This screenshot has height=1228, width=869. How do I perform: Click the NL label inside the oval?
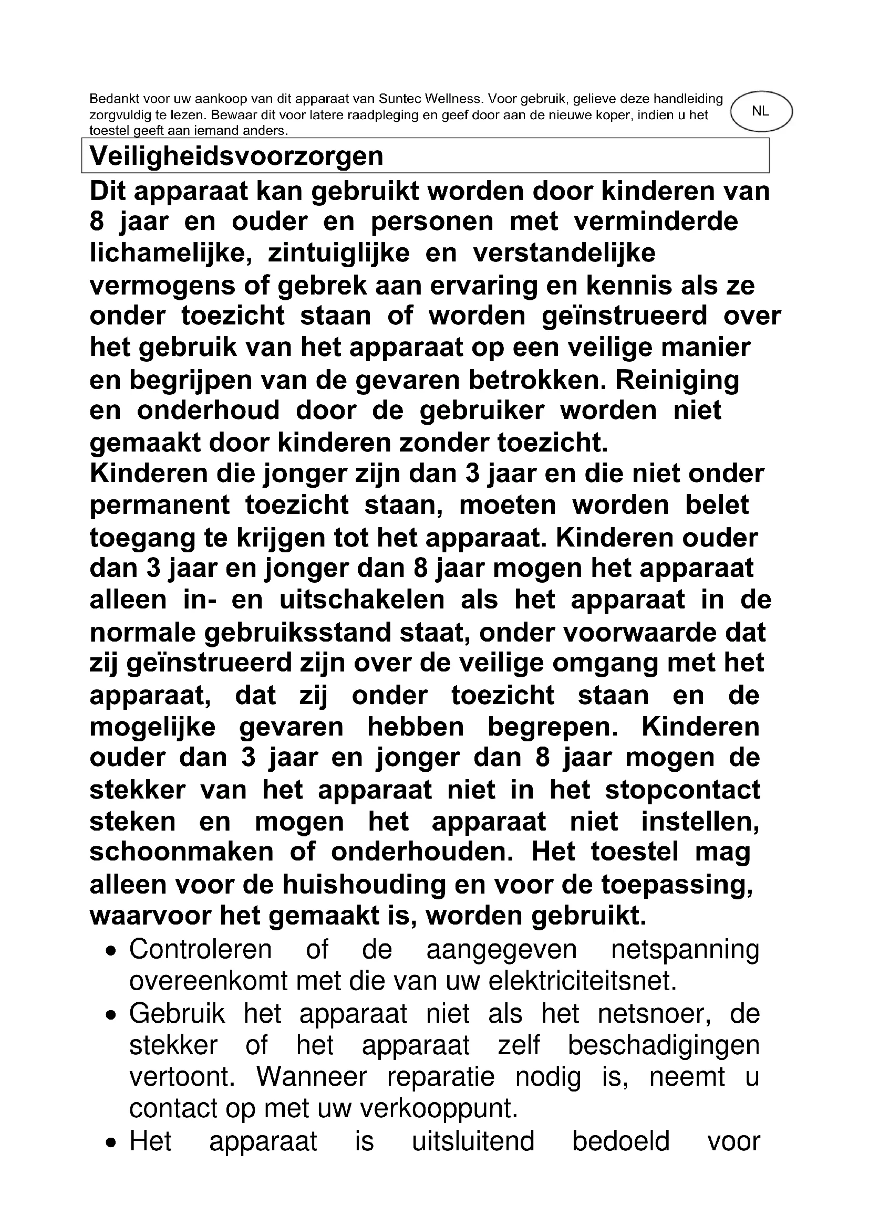pos(760,111)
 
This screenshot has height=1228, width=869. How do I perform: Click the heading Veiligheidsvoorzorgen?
pos(236,156)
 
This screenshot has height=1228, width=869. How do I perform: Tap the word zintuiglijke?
pos(339,254)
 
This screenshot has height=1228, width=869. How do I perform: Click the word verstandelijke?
pos(564,254)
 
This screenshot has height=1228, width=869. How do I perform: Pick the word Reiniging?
pos(677,380)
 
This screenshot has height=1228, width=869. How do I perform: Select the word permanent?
pos(160,506)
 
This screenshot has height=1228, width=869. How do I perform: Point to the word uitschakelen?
pos(363,600)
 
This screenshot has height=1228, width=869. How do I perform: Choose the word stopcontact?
pos(683,791)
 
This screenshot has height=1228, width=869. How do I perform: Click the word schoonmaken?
pos(181,853)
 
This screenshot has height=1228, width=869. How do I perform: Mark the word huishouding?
pos(364,885)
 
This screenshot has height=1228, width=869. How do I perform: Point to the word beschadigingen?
pos(664,1046)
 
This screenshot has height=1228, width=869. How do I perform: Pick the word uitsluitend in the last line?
pos(473,1141)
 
